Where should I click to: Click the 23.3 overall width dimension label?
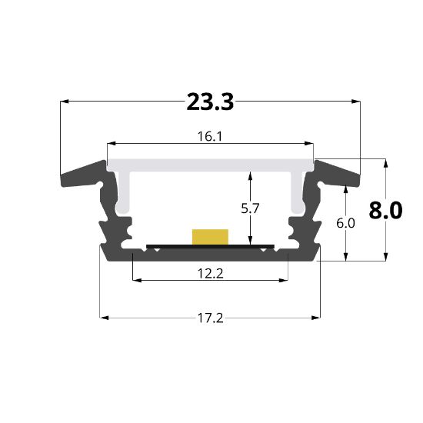210,102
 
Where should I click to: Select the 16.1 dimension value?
210,137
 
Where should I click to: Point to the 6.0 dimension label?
346,224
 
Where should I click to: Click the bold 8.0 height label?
385,210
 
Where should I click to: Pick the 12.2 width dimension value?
210,272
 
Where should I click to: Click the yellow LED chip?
211,236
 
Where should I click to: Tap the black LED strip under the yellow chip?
210,247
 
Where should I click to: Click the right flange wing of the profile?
338,172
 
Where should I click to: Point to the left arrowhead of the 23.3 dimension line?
64,101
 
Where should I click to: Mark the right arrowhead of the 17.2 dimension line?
315,316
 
